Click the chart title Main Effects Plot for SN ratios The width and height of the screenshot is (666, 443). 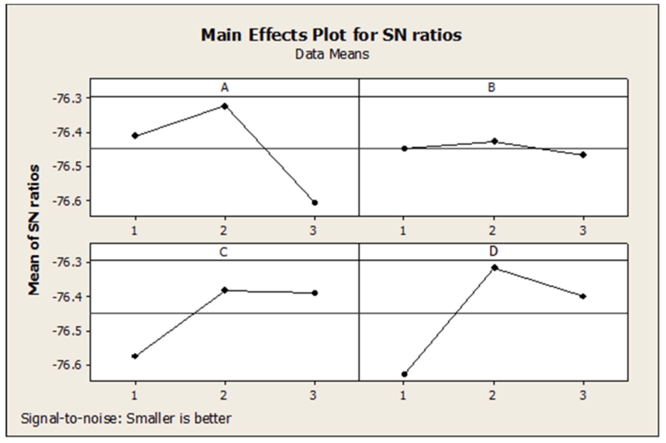331,35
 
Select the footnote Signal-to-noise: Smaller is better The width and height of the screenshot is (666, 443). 126,419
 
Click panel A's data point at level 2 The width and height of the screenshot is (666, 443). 225,106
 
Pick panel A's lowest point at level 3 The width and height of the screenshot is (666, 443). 315,203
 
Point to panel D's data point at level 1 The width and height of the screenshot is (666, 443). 404,374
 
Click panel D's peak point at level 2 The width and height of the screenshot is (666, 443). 495,268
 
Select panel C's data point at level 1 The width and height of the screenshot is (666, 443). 135,356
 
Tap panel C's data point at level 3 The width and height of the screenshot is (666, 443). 315,293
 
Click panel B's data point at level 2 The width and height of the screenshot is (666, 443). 495,141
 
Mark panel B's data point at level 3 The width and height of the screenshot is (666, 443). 583,155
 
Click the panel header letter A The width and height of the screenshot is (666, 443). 224,88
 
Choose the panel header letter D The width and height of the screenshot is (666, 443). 494,251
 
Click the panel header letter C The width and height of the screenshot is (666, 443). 223,252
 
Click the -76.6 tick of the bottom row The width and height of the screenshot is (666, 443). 67,365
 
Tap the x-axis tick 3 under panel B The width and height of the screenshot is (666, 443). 583,231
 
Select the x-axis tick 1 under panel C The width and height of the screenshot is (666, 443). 134,396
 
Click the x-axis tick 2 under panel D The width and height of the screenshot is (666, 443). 493,396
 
